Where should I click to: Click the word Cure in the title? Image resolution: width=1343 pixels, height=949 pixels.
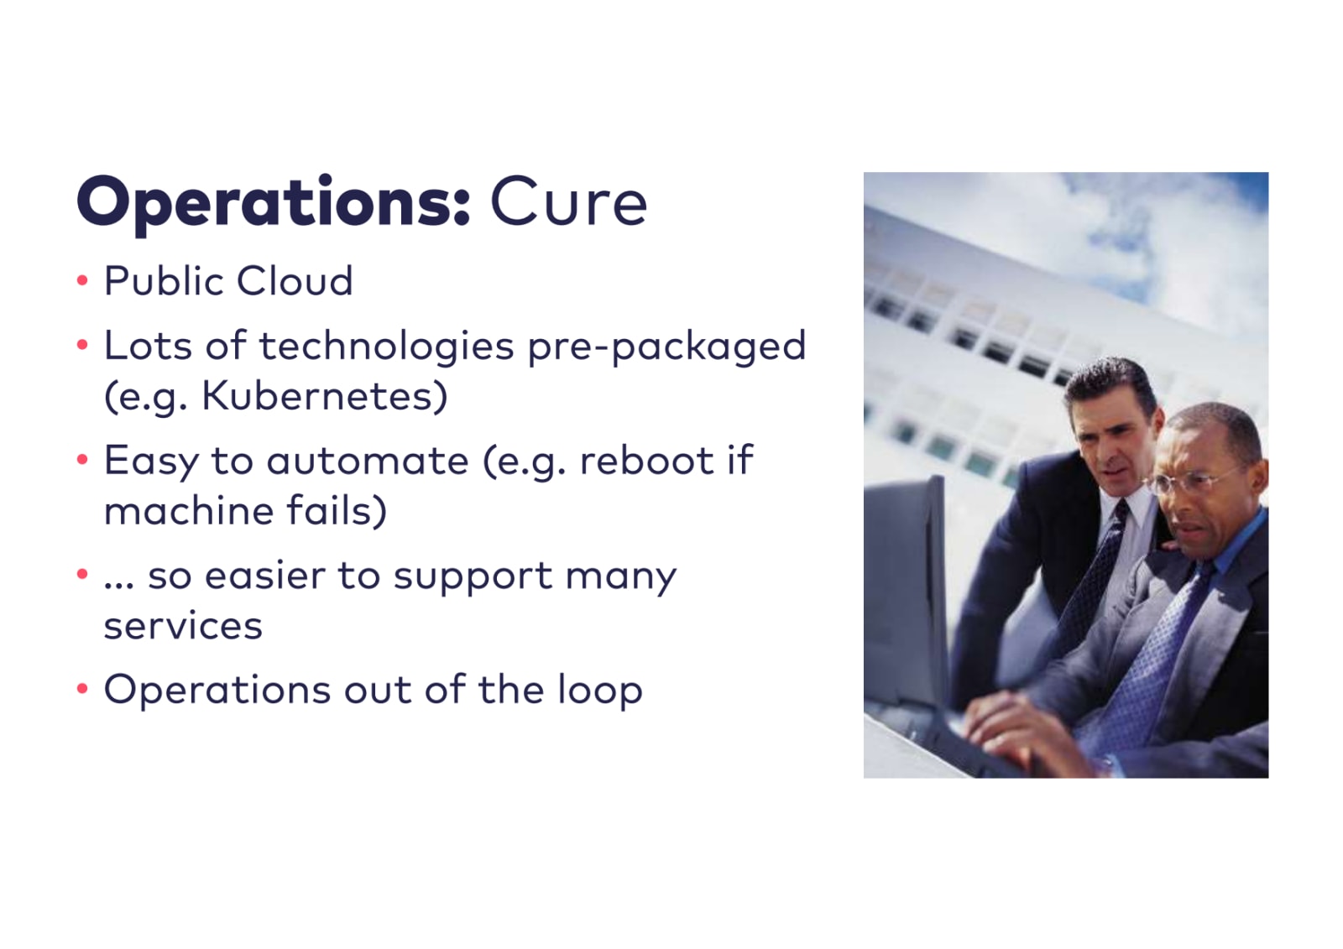click(568, 202)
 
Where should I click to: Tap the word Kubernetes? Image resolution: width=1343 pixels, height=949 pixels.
click(324, 396)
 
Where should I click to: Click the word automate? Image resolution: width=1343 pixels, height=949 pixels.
click(367, 461)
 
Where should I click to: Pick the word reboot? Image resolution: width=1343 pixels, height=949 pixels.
click(646, 460)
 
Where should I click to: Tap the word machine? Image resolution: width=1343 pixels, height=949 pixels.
click(188, 510)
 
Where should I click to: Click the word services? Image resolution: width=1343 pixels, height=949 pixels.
click(183, 627)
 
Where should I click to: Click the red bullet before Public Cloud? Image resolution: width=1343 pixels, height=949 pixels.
click(83, 280)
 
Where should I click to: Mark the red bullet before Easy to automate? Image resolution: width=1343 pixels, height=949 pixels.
click(83, 460)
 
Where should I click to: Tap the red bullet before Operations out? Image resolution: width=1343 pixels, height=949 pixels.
click(83, 689)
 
